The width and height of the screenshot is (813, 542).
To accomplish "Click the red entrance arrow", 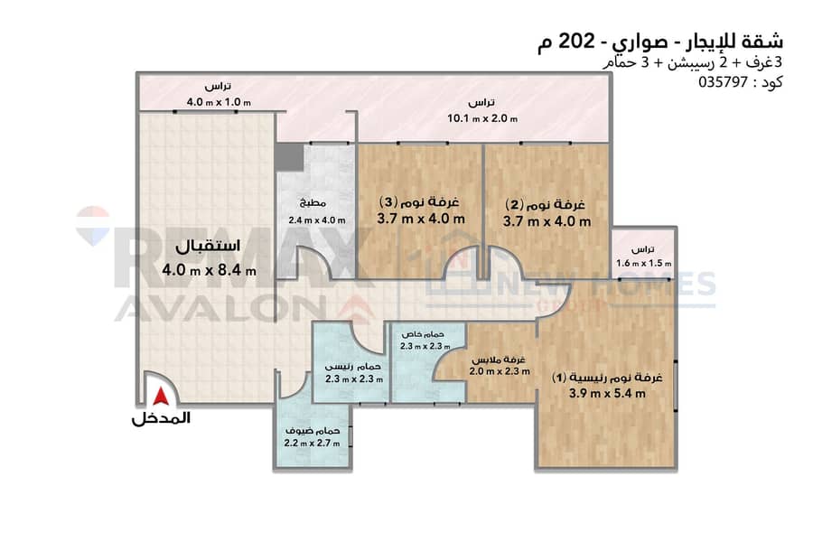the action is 161,397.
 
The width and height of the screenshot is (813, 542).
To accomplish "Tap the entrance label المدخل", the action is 161,418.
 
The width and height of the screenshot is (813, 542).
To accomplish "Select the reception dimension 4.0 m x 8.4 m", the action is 209,270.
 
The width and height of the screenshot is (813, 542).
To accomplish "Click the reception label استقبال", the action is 208,246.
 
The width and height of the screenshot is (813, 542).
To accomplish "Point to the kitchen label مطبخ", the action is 313,202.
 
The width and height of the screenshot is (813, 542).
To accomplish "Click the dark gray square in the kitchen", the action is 289,157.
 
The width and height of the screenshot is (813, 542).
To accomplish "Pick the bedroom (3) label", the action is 419,201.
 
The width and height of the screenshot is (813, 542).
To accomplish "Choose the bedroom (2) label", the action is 546,204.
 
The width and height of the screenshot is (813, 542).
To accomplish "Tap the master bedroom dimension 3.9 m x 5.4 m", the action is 607,394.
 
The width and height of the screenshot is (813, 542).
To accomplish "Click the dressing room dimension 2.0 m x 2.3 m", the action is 500,371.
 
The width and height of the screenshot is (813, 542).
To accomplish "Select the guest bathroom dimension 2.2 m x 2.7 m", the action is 313,444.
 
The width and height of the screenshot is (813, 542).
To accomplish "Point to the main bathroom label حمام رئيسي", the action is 353,367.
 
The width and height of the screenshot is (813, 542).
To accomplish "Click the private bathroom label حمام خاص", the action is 423,334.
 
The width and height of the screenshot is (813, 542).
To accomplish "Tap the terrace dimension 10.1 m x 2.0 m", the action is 482,118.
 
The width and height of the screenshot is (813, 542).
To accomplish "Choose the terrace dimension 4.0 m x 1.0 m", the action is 219,102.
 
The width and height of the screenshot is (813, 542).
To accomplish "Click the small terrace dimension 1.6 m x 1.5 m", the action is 643,264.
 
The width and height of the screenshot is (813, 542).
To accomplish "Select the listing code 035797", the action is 724,82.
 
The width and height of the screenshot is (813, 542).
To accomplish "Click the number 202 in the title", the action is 576,41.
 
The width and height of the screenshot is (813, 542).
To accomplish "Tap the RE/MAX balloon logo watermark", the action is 93,225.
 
